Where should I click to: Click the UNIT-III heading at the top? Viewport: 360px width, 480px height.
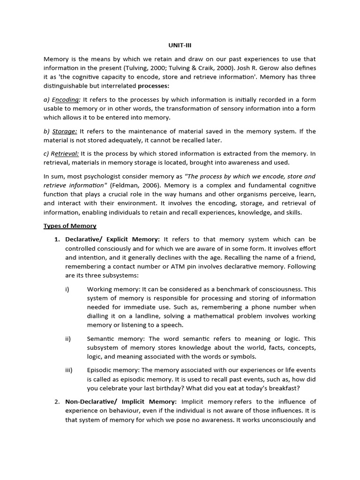click(x=180, y=45)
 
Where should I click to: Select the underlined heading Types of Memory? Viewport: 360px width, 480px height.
click(x=70, y=226)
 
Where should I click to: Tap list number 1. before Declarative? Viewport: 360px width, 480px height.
click(x=58, y=240)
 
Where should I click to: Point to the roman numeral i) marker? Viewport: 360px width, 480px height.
click(x=67, y=289)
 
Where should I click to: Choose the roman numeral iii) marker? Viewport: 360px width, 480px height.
click(x=69, y=370)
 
